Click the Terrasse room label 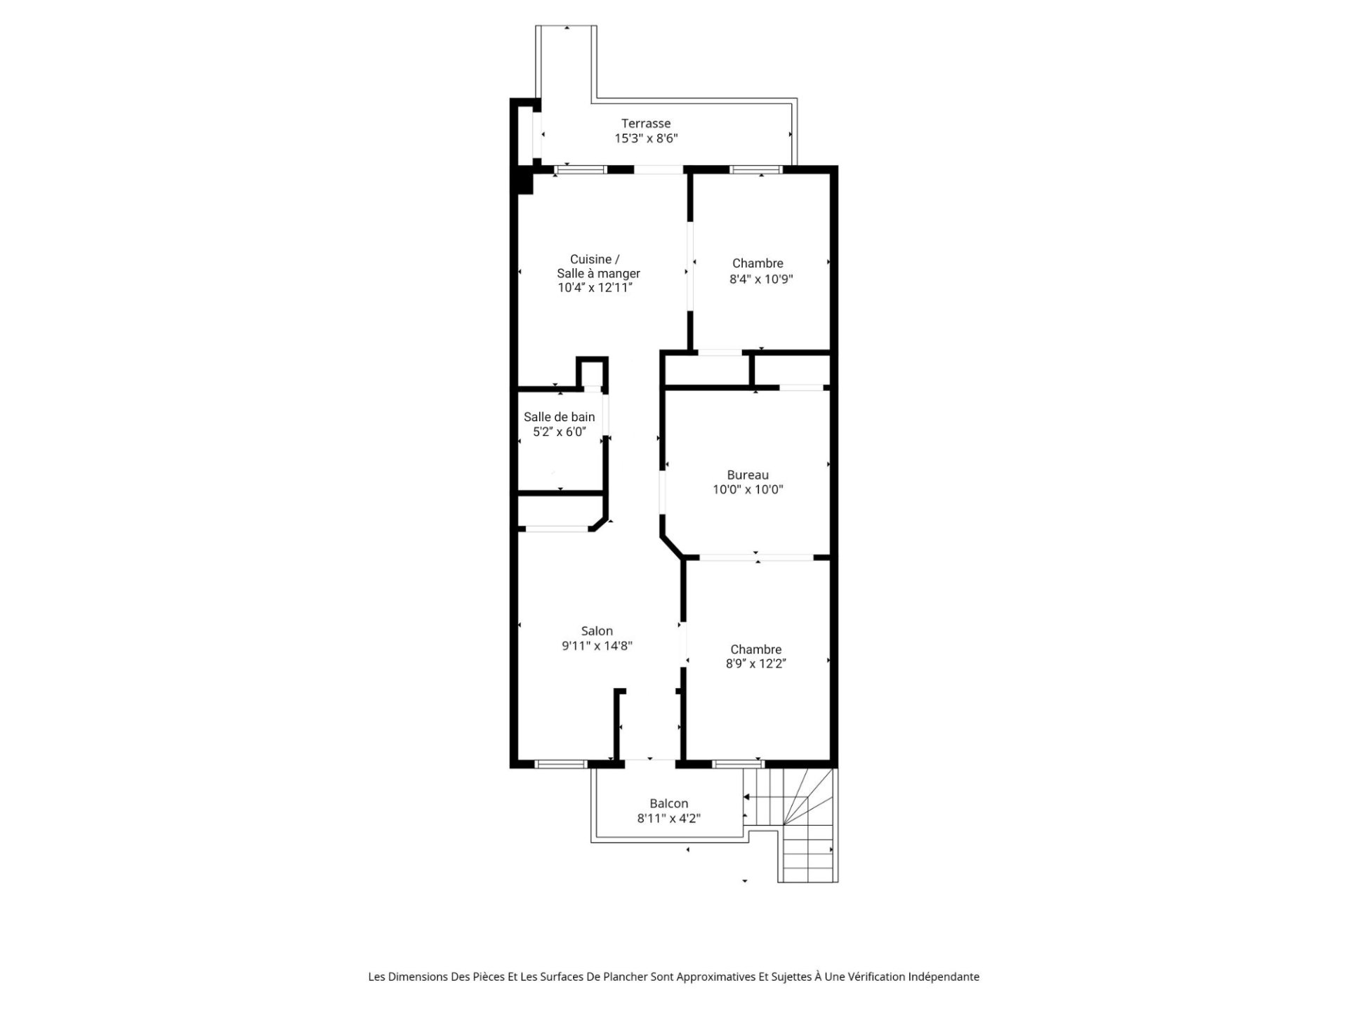[x=646, y=124]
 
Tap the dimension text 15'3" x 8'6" [x=646, y=138]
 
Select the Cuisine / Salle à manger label [x=598, y=266]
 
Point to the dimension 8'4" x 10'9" [x=761, y=279]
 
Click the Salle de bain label [x=559, y=417]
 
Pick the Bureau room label [x=748, y=475]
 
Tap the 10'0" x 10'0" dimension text [x=748, y=490]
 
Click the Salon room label [x=597, y=631]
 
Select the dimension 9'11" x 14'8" [x=597, y=646]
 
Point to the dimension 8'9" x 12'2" [x=755, y=664]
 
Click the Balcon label [x=668, y=804]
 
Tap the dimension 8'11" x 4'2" [x=668, y=819]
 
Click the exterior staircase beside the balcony [x=807, y=825]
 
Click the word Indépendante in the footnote [x=944, y=977]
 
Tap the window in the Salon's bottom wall [x=560, y=765]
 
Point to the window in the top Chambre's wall [x=755, y=169]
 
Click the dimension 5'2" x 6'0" [x=559, y=432]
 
